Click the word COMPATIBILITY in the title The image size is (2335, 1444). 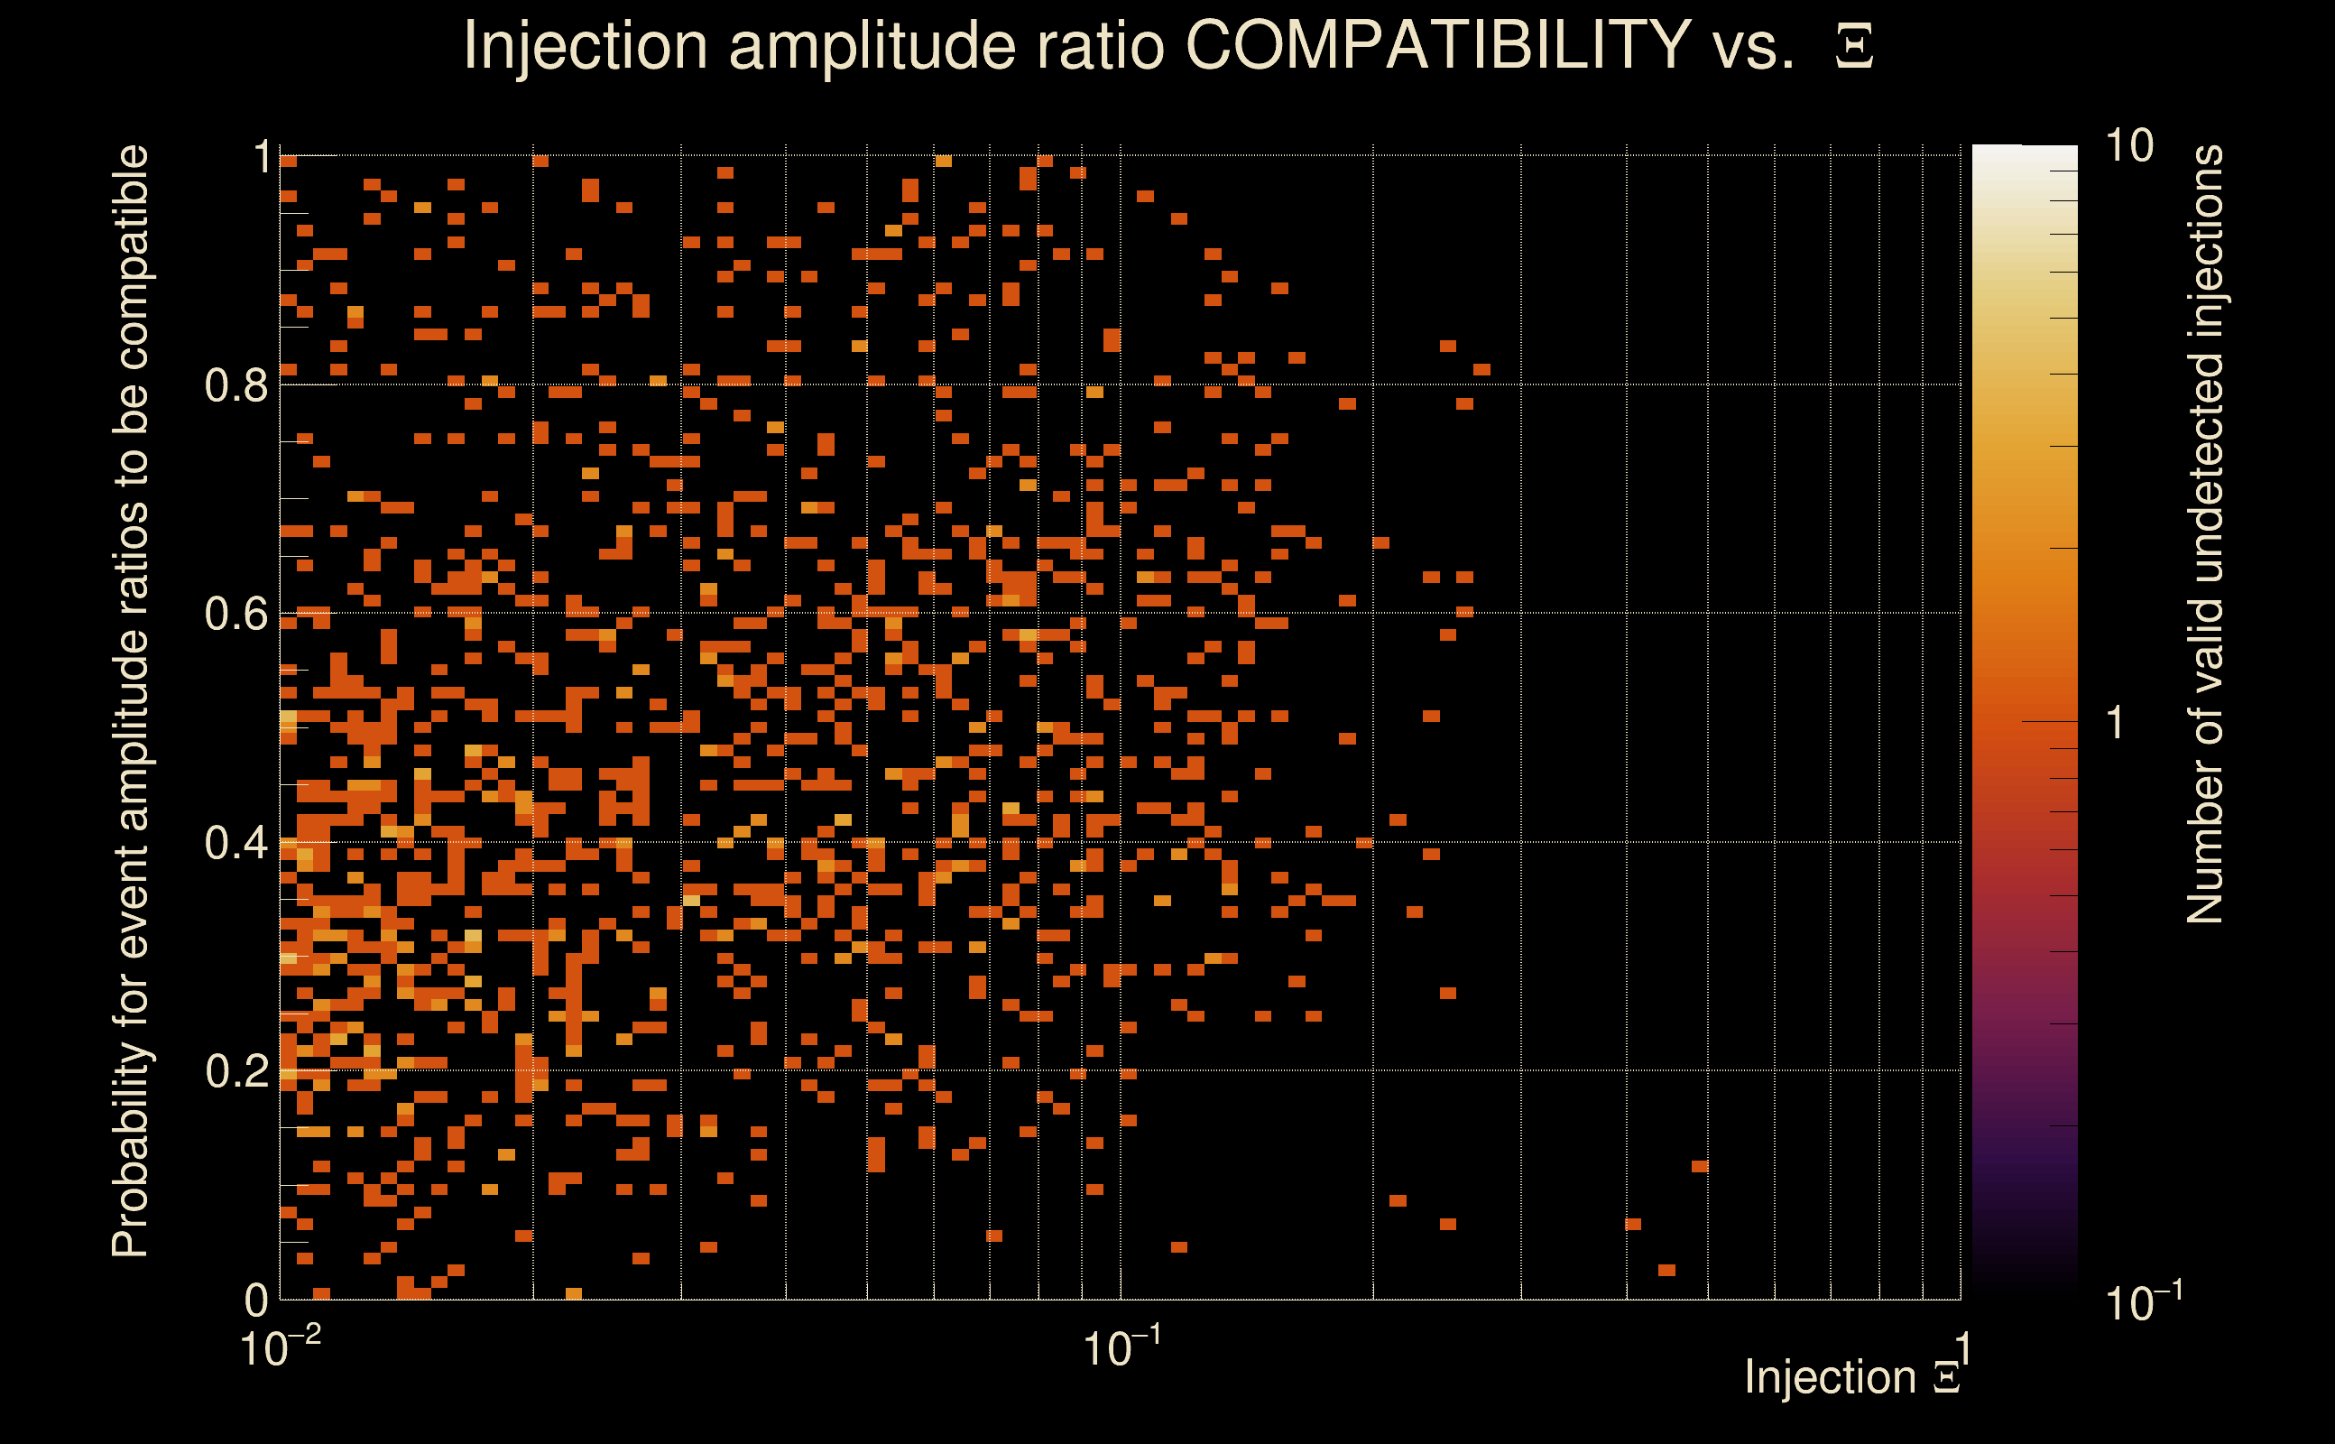1437,45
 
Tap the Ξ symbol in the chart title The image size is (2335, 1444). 1854,47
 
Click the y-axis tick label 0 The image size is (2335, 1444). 257,1300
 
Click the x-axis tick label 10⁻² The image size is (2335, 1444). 279,1347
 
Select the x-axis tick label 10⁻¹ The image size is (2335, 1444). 1121,1347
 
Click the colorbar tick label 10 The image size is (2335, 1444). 2128,146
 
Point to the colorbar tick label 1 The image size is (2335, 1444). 2116,723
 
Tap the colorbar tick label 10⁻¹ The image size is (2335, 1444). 2142,1301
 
